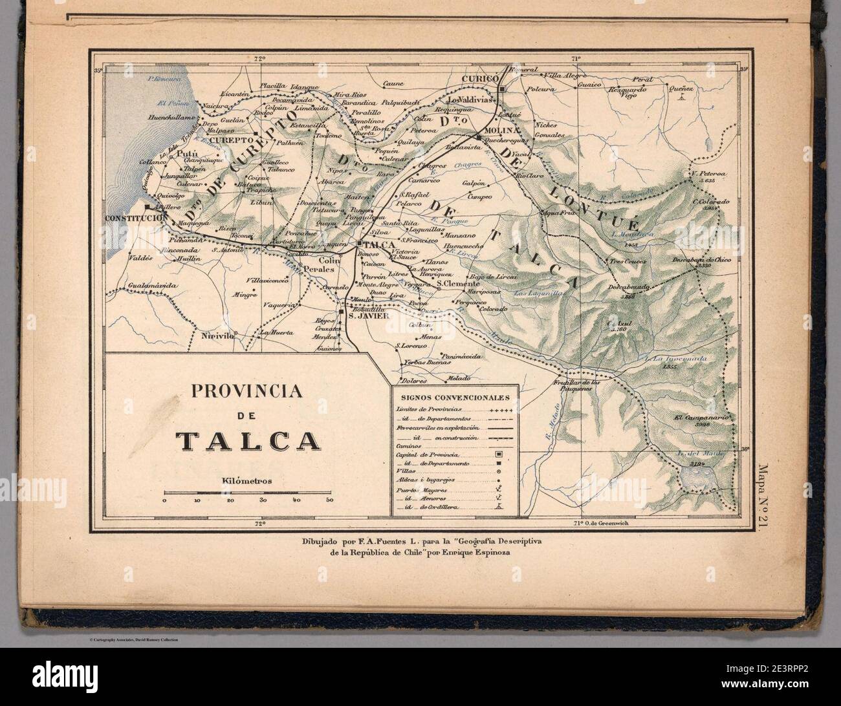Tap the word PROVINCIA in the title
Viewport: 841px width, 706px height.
pyautogui.click(x=248, y=392)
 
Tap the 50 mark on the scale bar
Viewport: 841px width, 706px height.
pyautogui.click(x=330, y=500)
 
